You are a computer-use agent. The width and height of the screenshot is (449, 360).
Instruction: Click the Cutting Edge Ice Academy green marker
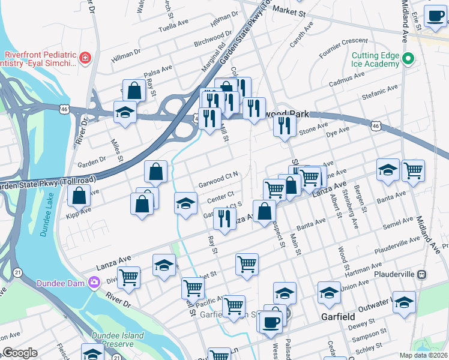click(x=409, y=59)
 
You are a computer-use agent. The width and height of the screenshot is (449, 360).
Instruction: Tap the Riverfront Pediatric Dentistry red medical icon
click(x=85, y=59)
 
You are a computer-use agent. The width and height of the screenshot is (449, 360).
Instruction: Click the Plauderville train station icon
click(x=421, y=274)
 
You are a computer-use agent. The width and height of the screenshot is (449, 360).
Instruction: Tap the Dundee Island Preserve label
click(x=118, y=340)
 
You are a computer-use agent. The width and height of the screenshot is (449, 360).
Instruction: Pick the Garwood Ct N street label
click(x=219, y=179)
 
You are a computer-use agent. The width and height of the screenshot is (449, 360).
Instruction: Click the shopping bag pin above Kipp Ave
click(x=79, y=194)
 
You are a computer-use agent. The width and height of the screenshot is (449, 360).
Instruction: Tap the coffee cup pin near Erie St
click(x=435, y=16)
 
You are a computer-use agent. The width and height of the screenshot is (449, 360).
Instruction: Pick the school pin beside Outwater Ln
click(x=404, y=302)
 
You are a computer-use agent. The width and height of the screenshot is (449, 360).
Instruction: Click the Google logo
click(x=20, y=353)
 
